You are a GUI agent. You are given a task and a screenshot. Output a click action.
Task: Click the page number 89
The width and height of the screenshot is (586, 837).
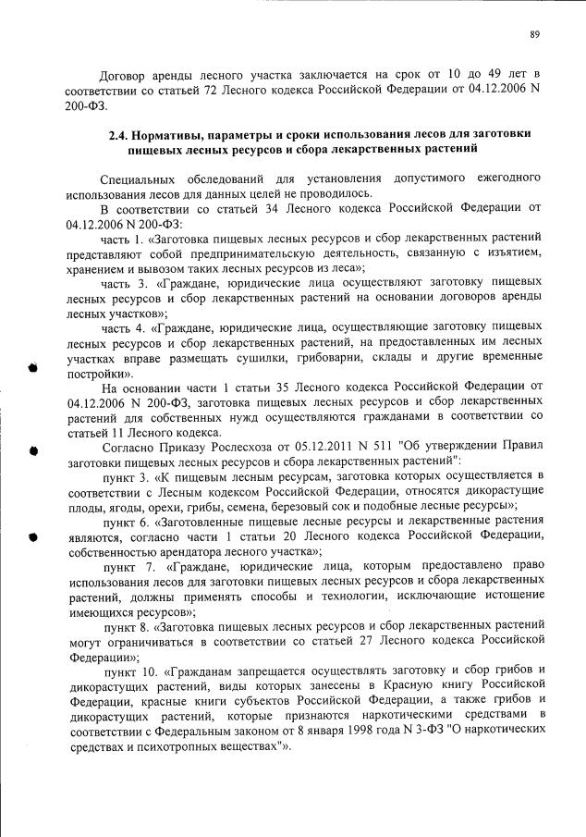point(534,34)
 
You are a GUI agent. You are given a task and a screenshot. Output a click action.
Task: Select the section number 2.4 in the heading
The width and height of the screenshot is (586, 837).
point(120,135)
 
